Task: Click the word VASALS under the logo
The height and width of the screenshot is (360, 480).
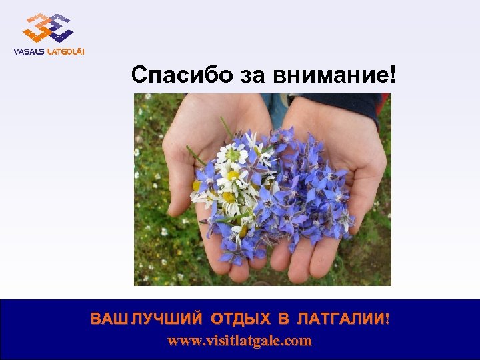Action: click(29, 51)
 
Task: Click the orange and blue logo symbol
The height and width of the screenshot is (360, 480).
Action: click(47, 28)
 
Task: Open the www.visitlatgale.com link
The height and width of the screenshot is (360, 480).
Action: click(239, 341)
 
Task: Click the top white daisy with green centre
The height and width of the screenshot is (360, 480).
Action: click(231, 154)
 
